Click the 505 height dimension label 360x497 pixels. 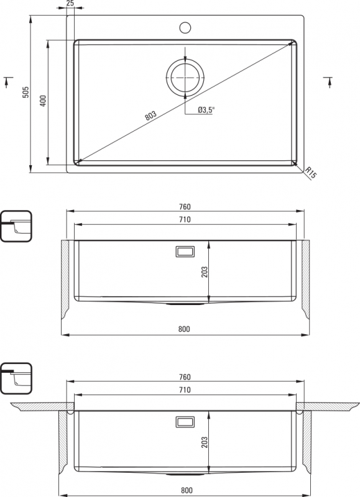(25, 92)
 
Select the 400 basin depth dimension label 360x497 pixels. (43, 101)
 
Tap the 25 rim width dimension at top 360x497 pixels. (70, 3)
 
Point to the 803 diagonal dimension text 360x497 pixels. (150, 116)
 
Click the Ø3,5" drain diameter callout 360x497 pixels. (206, 110)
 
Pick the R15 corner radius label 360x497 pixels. (311, 173)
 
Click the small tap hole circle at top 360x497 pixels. (185, 27)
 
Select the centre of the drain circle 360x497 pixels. (185, 77)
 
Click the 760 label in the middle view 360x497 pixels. (185, 207)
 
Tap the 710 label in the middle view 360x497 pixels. (185, 219)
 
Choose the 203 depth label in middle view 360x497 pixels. (205, 272)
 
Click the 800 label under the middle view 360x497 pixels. (184, 329)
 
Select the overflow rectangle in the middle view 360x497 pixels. (185, 252)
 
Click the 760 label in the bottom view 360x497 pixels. (185, 377)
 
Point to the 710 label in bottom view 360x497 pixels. (185, 390)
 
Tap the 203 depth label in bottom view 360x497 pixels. (205, 442)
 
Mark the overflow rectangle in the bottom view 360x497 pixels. (185, 422)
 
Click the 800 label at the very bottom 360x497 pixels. (187, 491)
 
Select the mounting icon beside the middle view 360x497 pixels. (16, 226)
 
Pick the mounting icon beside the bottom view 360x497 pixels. (16, 378)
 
